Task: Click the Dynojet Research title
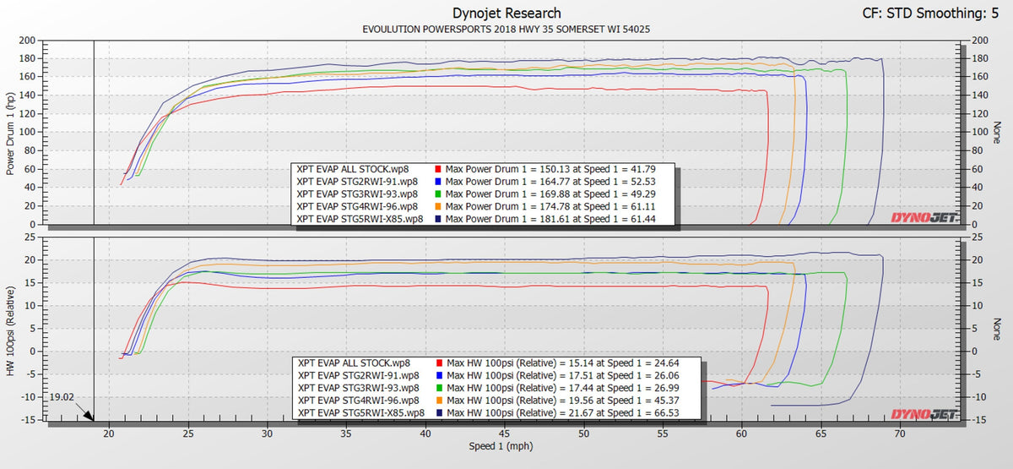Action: [x=506, y=13]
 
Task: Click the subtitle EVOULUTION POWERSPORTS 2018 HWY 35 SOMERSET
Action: [x=506, y=29]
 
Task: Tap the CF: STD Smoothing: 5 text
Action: [x=934, y=14]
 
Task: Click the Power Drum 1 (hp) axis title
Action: [x=11, y=133]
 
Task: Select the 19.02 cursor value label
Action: [x=62, y=395]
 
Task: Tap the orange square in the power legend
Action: [x=437, y=206]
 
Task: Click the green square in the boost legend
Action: [x=437, y=387]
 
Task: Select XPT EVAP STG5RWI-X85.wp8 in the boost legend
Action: [x=360, y=412]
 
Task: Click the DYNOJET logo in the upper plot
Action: [x=924, y=218]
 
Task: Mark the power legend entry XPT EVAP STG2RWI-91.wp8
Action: [x=358, y=181]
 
